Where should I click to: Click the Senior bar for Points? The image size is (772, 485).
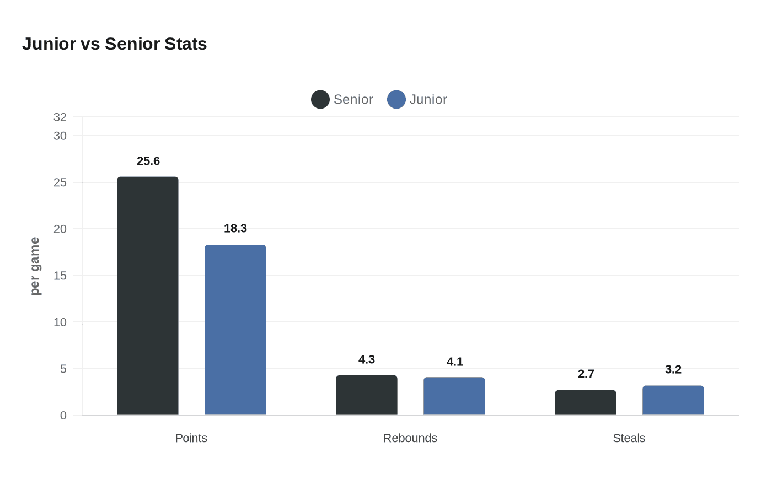pyautogui.click(x=148, y=296)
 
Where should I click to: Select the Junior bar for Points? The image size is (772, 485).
pyautogui.click(x=235, y=330)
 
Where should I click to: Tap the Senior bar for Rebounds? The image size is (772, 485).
pyautogui.click(x=367, y=395)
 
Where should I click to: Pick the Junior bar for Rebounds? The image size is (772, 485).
pyautogui.click(x=454, y=396)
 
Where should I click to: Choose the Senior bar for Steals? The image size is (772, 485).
pyautogui.click(x=586, y=403)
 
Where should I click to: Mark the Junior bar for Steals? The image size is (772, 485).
pyautogui.click(x=673, y=400)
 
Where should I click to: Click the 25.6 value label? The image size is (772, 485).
pyautogui.click(x=148, y=161)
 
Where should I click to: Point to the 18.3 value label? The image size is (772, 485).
pyautogui.click(x=235, y=228)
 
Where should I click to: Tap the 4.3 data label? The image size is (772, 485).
pyautogui.click(x=367, y=359)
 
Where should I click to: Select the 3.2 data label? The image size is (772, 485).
pyautogui.click(x=673, y=369)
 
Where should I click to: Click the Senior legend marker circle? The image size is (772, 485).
pyautogui.click(x=320, y=99)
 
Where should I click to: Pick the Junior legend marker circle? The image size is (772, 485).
pyautogui.click(x=396, y=99)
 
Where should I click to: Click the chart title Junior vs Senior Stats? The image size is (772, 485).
pyautogui.click(x=115, y=44)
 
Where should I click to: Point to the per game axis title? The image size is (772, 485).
pyautogui.click(x=35, y=266)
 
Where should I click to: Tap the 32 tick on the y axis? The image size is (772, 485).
pyautogui.click(x=60, y=117)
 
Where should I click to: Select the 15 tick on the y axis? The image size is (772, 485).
pyautogui.click(x=60, y=276)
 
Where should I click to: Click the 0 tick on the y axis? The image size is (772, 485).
pyautogui.click(x=63, y=416)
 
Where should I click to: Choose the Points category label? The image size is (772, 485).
pyautogui.click(x=191, y=438)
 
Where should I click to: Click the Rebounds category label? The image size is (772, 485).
pyautogui.click(x=410, y=438)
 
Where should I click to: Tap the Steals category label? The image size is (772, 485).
pyautogui.click(x=629, y=438)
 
